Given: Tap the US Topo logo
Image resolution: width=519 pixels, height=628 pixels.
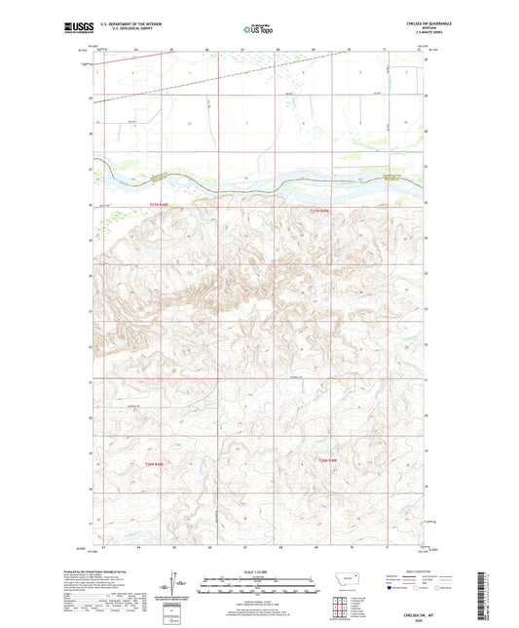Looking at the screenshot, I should [258, 30].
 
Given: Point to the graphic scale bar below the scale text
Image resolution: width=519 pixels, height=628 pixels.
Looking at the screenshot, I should [258, 587].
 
